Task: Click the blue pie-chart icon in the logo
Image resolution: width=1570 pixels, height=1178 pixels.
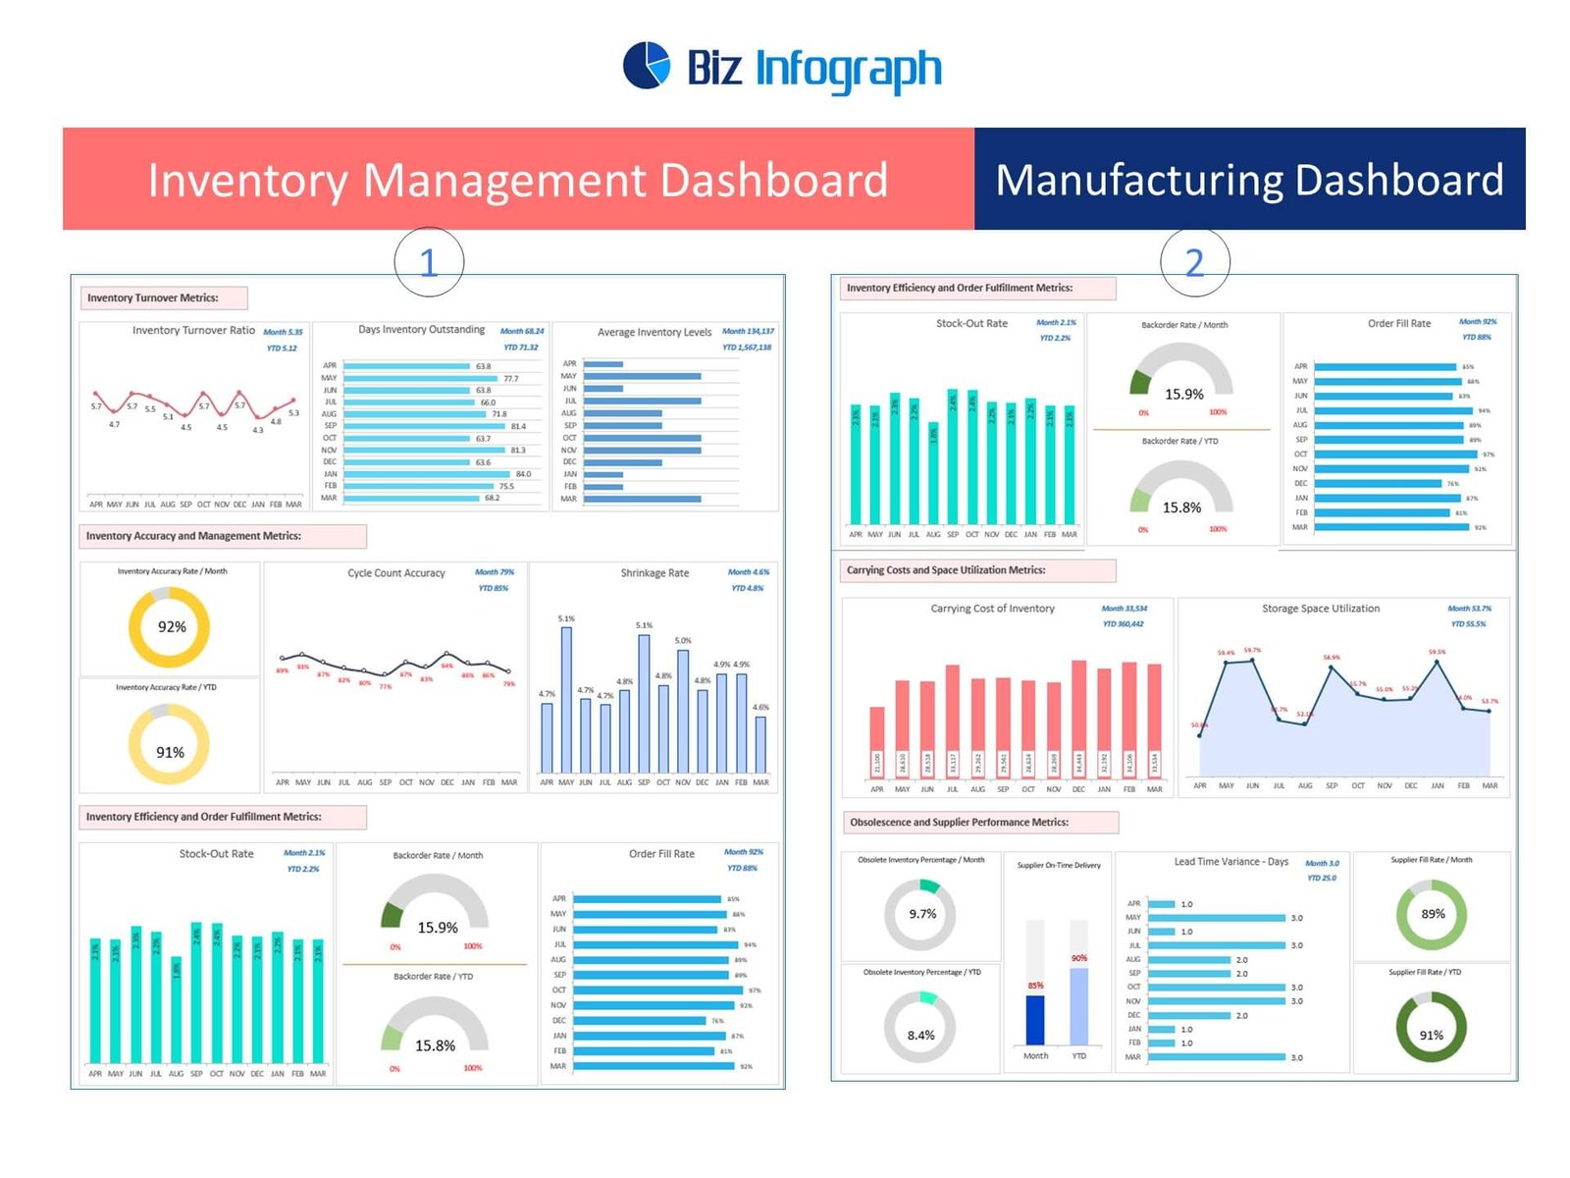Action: click(647, 66)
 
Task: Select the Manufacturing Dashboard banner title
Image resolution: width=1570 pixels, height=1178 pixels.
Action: click(1249, 180)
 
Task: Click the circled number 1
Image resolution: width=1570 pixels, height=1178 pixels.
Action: click(428, 262)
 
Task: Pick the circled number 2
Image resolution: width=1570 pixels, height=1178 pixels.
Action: click(1194, 262)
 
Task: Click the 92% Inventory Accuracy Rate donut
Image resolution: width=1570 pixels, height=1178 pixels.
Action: click(171, 626)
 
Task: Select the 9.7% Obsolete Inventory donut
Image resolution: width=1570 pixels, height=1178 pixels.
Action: click(921, 914)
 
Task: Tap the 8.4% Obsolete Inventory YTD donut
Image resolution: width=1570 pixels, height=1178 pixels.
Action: click(920, 1035)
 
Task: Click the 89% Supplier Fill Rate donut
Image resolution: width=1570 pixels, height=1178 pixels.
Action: click(1432, 914)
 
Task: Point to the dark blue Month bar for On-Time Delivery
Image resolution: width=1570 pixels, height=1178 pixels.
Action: click(1035, 1020)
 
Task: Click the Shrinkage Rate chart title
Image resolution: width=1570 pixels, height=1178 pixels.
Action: click(654, 573)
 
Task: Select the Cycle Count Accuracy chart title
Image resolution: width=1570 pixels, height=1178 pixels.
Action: click(395, 573)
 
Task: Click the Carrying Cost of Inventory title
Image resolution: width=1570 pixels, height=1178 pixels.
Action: click(992, 609)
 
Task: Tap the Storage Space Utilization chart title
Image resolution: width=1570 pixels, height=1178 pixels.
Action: click(1320, 609)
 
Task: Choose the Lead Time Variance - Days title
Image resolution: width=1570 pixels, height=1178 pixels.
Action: click(1230, 862)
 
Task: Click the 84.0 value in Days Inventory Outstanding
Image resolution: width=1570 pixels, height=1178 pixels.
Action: click(523, 474)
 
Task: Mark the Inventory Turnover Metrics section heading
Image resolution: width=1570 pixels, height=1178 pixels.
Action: click(152, 297)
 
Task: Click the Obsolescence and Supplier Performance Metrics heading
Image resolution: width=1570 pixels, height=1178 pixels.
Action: click(959, 823)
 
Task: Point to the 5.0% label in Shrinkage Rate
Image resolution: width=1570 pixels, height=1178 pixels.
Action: click(683, 641)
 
